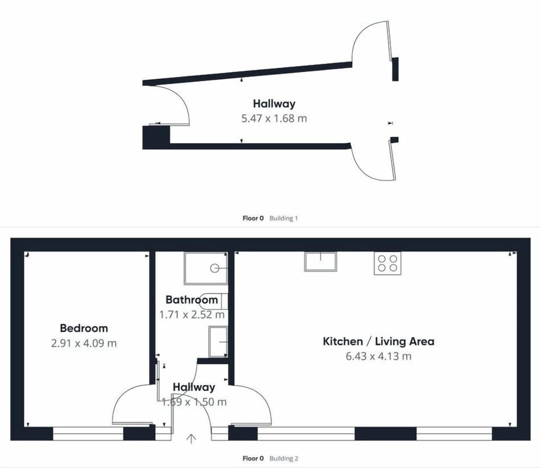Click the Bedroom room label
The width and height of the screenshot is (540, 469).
point(84,328)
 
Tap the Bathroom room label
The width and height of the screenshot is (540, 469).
point(192,300)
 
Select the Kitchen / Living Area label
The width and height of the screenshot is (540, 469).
point(379,341)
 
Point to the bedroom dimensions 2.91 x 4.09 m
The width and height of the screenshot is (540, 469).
point(84,343)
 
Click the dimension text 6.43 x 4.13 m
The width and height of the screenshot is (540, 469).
point(379,356)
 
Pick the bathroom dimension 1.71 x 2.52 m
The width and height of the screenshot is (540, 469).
point(192,314)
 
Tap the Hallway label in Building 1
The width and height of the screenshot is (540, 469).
point(274,103)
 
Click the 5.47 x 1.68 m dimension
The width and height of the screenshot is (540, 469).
point(274,119)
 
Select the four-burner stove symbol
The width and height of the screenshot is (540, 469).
point(388,263)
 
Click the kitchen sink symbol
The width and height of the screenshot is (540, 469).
point(320,261)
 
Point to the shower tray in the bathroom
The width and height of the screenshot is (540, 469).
point(206,269)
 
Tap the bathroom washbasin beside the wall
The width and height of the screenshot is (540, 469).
point(218,342)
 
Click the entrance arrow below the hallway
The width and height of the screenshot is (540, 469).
point(191,439)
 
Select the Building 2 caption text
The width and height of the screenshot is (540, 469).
point(283,458)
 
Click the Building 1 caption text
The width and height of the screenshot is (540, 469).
point(283,218)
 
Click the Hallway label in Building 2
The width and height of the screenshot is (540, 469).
point(194,387)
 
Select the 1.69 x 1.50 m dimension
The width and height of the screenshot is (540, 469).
point(194,402)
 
